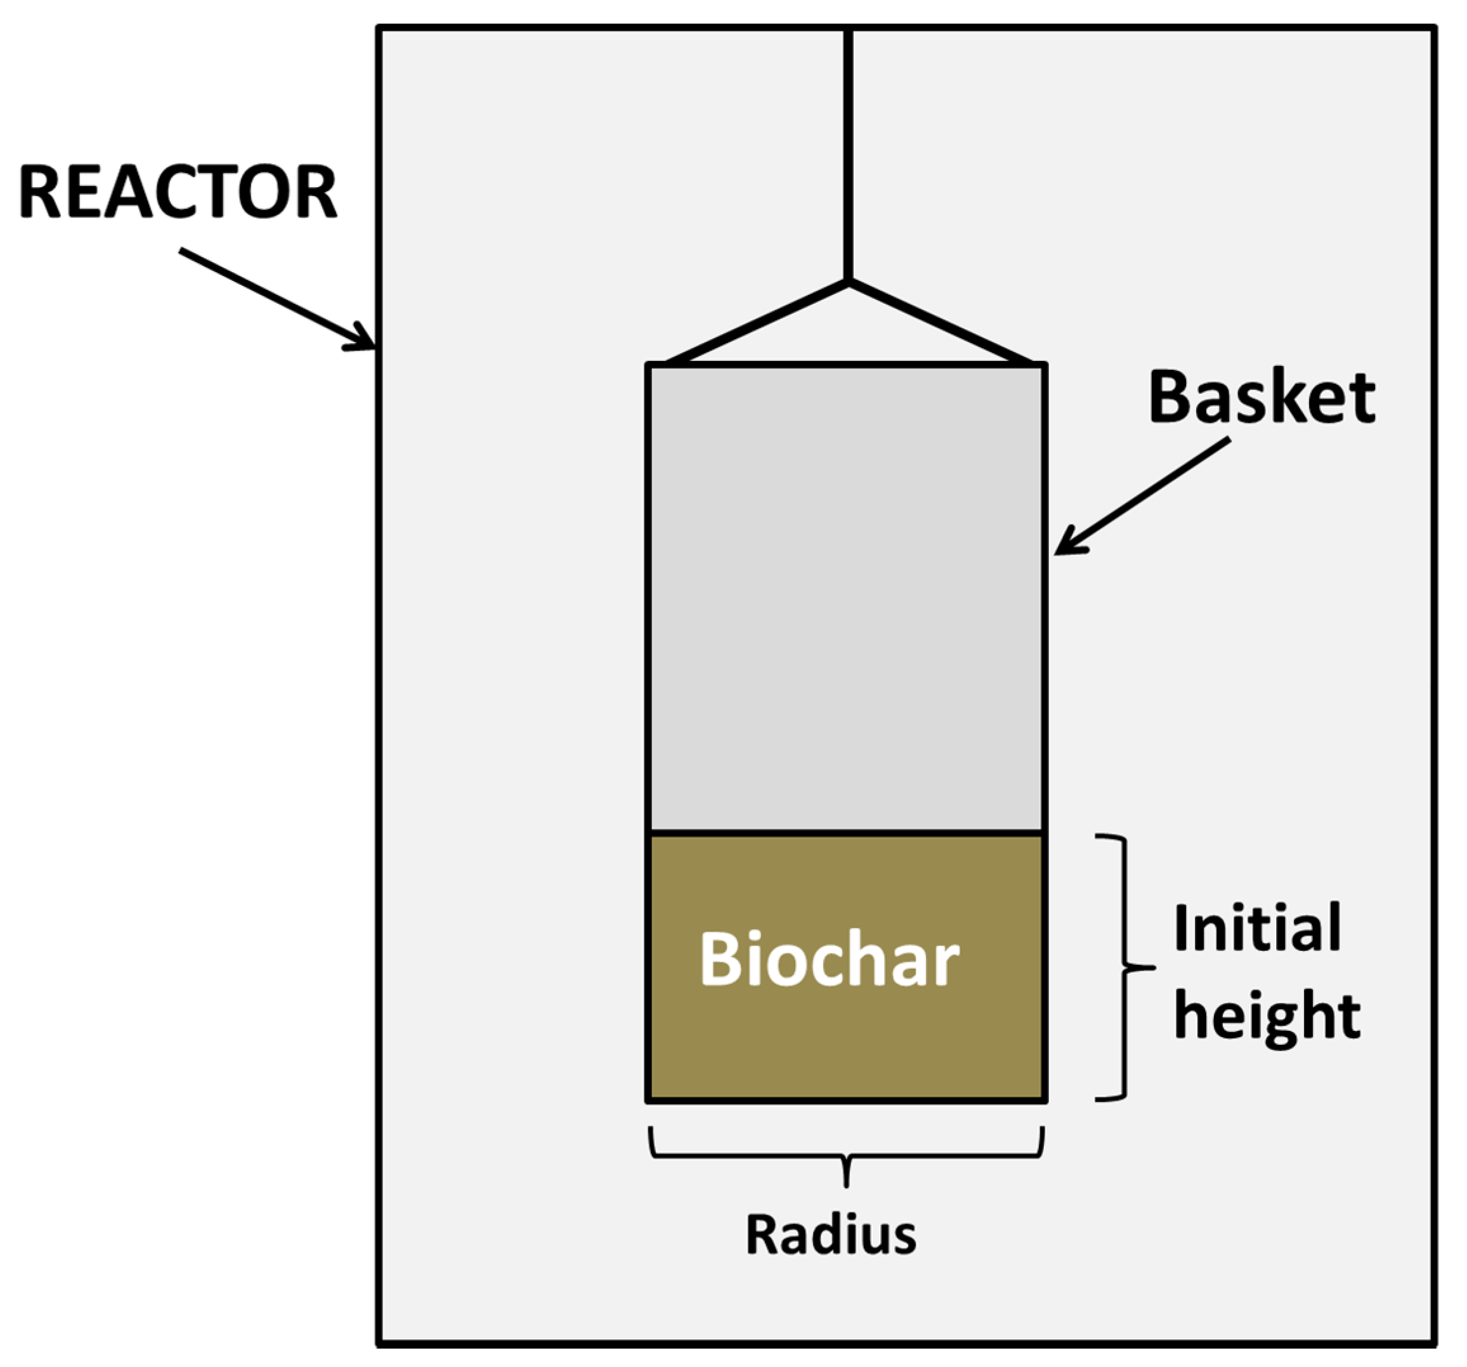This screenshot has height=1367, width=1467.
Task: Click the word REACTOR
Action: pyautogui.click(x=177, y=193)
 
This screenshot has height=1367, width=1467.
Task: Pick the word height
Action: pyautogui.click(x=1267, y=1017)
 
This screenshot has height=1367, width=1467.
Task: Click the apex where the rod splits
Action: pyautogui.click(x=848, y=281)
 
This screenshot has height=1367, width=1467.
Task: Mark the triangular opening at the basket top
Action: pyautogui.click(x=848, y=336)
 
